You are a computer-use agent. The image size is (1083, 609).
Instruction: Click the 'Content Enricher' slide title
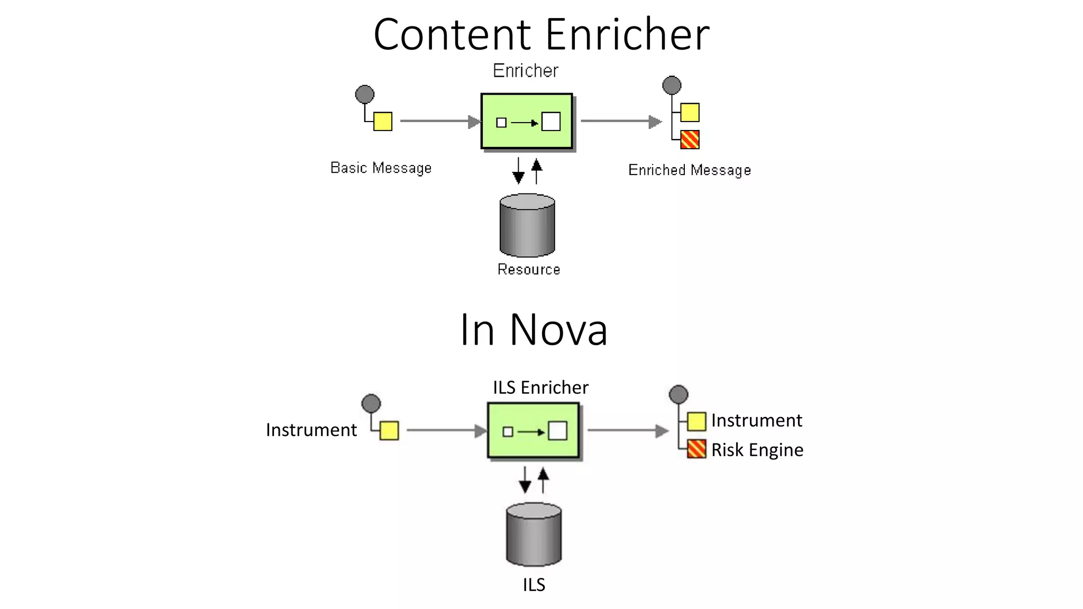541,35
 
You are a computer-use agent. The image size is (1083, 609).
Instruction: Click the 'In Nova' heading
534,330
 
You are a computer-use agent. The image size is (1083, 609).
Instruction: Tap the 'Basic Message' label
381,168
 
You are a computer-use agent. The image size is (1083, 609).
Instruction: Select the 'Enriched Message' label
689,170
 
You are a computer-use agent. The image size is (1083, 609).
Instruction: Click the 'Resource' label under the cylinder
528,270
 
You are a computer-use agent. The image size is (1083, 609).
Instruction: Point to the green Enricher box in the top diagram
527,122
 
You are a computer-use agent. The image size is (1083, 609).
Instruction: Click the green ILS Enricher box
533,431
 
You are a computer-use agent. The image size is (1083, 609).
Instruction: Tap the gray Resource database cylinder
527,226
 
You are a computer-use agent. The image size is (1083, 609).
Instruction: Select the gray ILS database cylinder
534,534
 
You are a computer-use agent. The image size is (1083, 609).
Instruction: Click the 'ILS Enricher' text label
540,387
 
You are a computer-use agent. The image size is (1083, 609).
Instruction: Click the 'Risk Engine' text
757,450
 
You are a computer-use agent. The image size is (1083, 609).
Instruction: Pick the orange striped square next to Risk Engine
696,449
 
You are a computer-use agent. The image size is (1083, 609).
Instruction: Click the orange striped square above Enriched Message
690,140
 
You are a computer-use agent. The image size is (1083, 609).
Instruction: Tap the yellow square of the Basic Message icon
383,122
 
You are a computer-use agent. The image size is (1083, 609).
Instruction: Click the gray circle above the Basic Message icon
364,95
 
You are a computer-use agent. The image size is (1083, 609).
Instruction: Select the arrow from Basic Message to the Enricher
439,122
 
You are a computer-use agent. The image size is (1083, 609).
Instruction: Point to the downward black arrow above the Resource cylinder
519,171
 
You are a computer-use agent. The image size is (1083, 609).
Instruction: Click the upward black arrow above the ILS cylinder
543,480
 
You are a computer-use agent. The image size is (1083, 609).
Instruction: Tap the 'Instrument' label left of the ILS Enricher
311,430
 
